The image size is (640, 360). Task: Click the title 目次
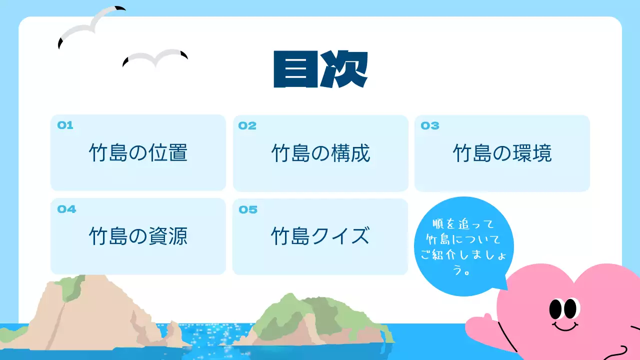coord(320,69)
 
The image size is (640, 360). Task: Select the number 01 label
coord(65,125)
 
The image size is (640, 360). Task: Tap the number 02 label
coord(247,126)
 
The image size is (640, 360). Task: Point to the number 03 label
coord(429,126)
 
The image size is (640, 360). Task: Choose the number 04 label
coord(66,209)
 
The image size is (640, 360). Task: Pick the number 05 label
coord(248,209)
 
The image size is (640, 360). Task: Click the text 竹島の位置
coord(138,153)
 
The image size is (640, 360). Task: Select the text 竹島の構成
coord(320,153)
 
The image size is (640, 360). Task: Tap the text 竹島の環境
coord(502,153)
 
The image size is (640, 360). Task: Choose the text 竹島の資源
coord(138,236)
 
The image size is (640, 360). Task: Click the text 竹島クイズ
coord(320,236)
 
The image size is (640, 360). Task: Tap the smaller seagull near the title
coord(155,58)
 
